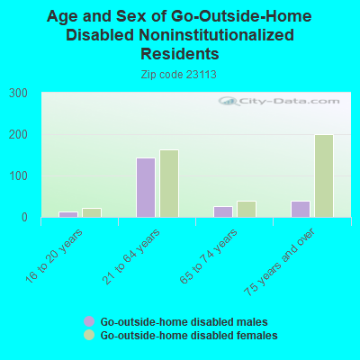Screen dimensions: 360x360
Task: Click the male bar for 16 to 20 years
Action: (68, 214)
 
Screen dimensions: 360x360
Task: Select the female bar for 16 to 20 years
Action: (92, 212)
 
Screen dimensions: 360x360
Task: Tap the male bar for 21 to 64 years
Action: (146, 187)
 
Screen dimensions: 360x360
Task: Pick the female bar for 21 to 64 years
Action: (169, 184)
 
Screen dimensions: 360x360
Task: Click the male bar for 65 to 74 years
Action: (223, 211)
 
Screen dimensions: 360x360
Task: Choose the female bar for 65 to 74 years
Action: (247, 209)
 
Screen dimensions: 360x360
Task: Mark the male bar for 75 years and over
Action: (301, 209)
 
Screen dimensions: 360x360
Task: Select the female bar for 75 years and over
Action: (324, 175)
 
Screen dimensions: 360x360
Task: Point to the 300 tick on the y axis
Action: (19, 93)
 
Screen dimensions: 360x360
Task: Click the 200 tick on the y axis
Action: (19, 134)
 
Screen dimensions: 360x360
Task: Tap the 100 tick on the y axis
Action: (19, 175)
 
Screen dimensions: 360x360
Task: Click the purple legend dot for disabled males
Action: (88, 321)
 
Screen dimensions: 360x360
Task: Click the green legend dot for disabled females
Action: (88, 335)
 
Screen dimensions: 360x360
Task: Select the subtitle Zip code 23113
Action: (179, 74)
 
